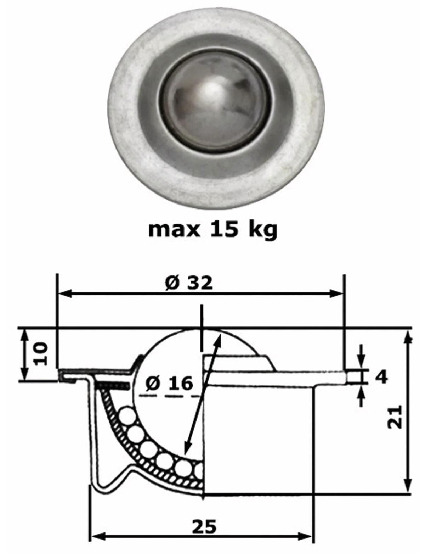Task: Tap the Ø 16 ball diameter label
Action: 169,384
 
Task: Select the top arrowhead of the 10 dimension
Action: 24,334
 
